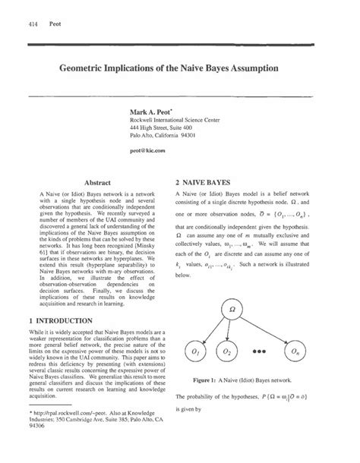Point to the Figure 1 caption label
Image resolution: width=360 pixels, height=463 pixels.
pyautogui.click(x=207, y=376)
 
